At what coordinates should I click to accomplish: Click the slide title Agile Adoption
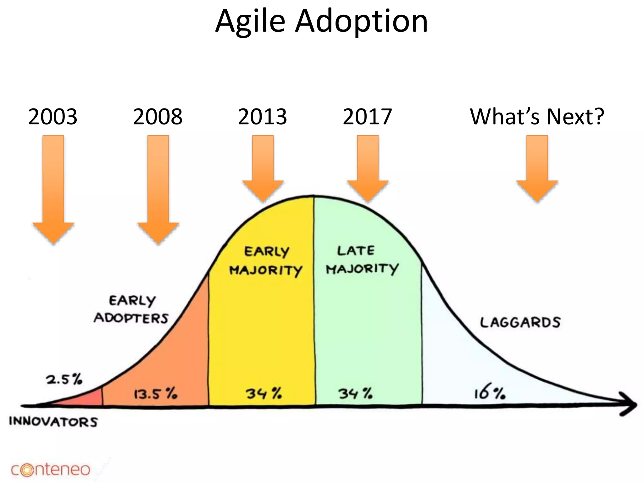pyautogui.click(x=321, y=21)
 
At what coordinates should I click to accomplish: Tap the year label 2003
pyautogui.click(x=53, y=117)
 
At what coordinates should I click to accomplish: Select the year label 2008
pyautogui.click(x=158, y=117)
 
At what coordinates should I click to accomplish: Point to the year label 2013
pyautogui.click(x=262, y=117)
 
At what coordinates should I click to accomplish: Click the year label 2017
pyautogui.click(x=367, y=117)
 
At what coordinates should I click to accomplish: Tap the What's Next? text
pyautogui.click(x=537, y=117)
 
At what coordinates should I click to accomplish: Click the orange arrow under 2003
pyautogui.click(x=53, y=189)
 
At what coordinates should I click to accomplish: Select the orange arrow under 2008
pyautogui.click(x=158, y=189)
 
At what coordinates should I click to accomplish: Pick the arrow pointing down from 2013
pyautogui.click(x=263, y=168)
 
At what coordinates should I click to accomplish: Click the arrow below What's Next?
pyautogui.click(x=537, y=168)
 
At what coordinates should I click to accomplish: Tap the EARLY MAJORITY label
pyautogui.click(x=266, y=261)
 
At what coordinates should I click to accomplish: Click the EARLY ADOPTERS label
pyautogui.click(x=131, y=309)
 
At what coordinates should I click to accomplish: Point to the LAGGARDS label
pyautogui.click(x=520, y=323)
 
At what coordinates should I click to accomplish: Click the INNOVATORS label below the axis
pyautogui.click(x=53, y=422)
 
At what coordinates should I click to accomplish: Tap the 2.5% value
pyautogui.click(x=64, y=379)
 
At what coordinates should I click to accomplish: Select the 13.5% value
pyautogui.click(x=156, y=394)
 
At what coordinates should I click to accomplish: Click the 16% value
pyautogui.click(x=490, y=393)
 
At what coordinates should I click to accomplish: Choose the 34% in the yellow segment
pyautogui.click(x=264, y=393)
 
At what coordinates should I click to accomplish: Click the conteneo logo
pyautogui.click(x=50, y=470)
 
